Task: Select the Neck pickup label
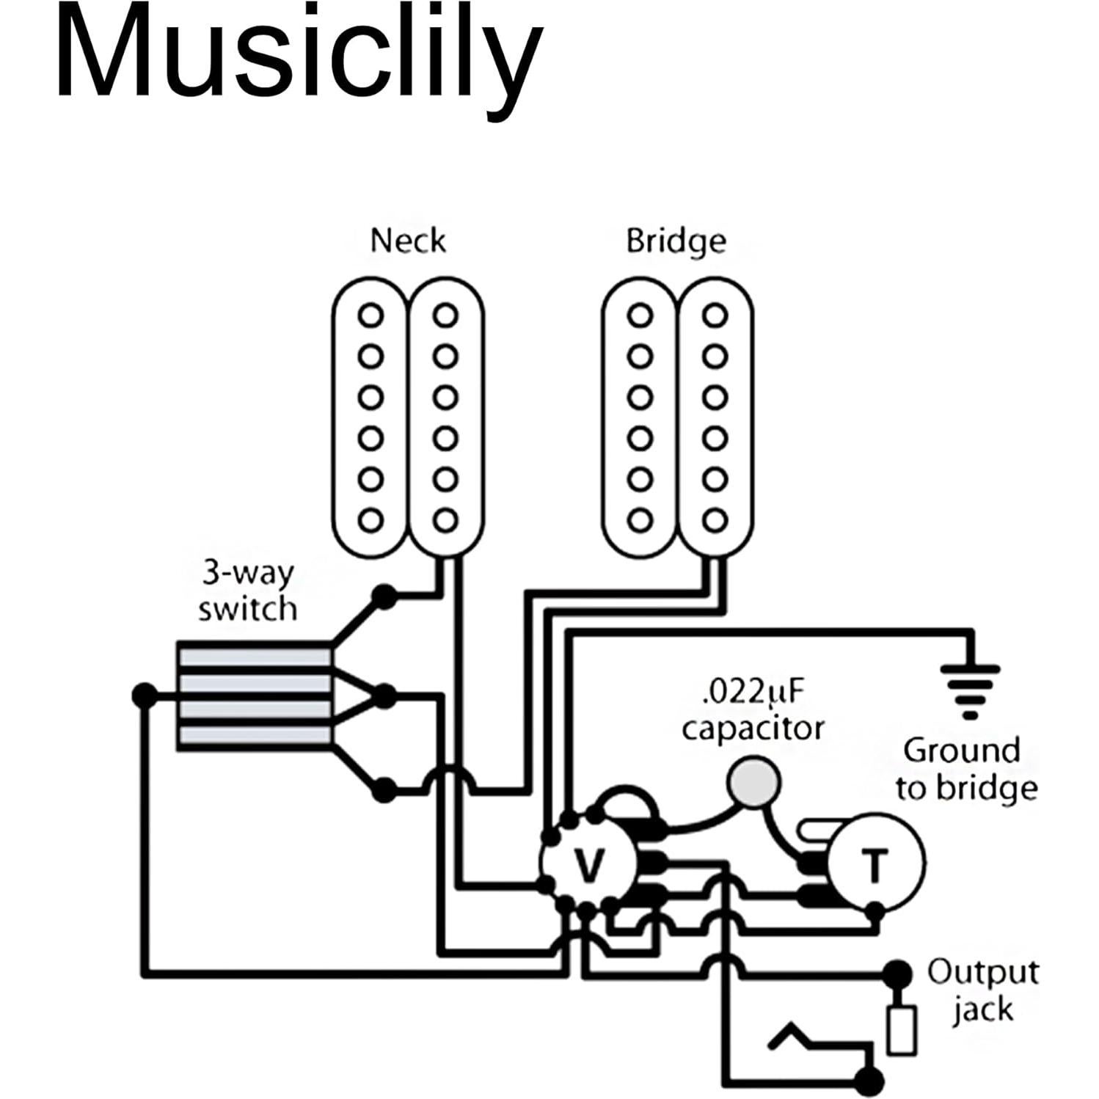(408, 241)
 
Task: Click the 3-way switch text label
(247, 591)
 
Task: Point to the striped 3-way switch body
(254, 696)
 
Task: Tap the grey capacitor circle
(753, 783)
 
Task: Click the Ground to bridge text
(965, 770)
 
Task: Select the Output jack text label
(982, 990)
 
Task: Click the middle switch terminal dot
(384, 694)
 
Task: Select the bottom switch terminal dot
(383, 790)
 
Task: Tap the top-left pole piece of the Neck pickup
(370, 316)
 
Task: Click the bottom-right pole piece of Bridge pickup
(714, 520)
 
